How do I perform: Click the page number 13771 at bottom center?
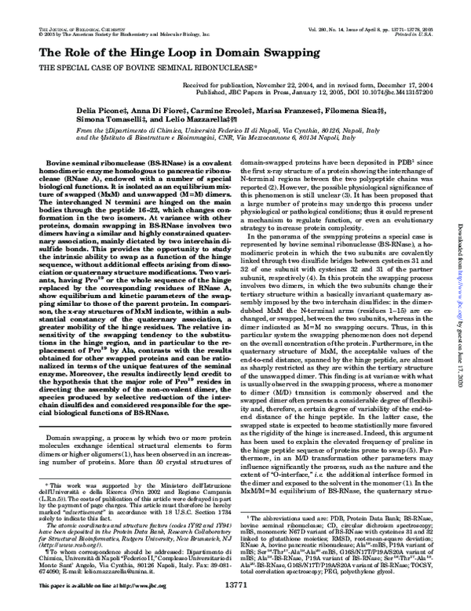(x=235, y=605)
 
